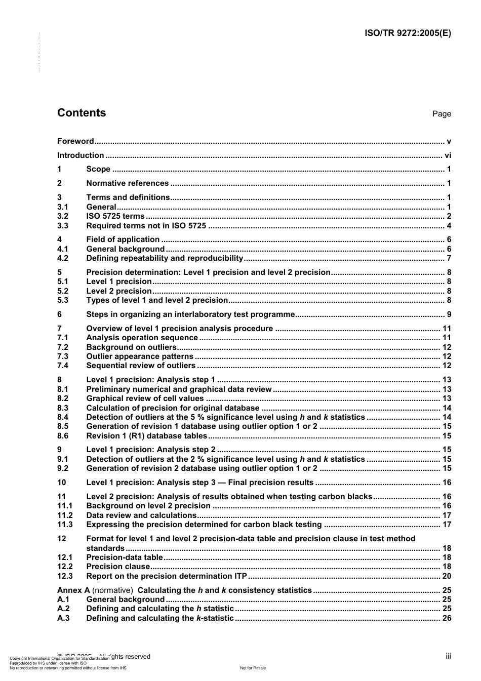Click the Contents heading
pyautogui.click(x=82, y=113)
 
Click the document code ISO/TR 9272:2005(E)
pyautogui.click(x=408, y=33)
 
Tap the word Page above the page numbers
pyautogui.click(x=442, y=114)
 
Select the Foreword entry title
pyautogui.click(x=75, y=141)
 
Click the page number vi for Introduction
pyautogui.click(x=448, y=155)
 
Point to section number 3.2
pyautogui.click(x=63, y=216)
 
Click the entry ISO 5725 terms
pyautogui.click(x=115, y=216)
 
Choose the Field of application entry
pyautogui.click(x=123, y=239)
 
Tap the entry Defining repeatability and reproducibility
pyautogui.click(x=165, y=258)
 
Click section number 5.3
pyautogui.click(x=63, y=300)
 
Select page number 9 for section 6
pyautogui.click(x=449, y=314)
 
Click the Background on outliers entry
pyautogui.click(x=131, y=347)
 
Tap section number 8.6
pyautogui.click(x=63, y=436)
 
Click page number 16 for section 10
pyautogui.click(x=447, y=483)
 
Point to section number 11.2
pyautogui.click(x=65, y=515)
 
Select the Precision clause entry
pyautogui.click(x=118, y=567)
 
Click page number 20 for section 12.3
pyautogui.click(x=447, y=576)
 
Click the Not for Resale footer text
pyautogui.click(x=253, y=668)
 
